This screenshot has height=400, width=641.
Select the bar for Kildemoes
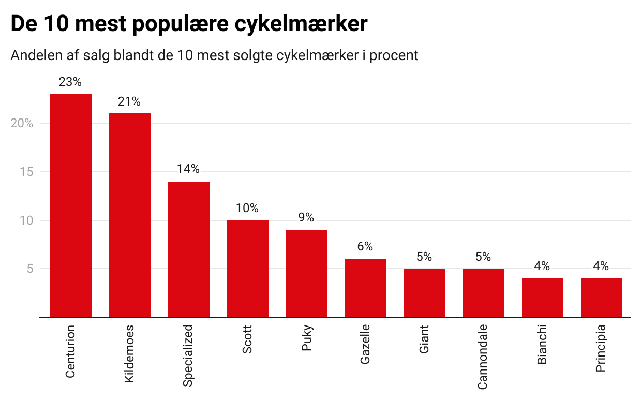tap(130, 215)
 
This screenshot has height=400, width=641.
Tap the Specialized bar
tap(189, 249)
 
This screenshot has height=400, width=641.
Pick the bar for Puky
tap(307, 273)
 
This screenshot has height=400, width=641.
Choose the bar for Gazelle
tap(366, 288)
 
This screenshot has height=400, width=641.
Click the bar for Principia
tap(602, 298)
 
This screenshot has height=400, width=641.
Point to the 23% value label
tap(70, 82)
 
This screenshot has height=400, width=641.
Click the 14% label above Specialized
tap(188, 169)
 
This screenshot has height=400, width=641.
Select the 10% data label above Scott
tap(247, 209)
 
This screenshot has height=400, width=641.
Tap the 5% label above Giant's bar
tap(424, 257)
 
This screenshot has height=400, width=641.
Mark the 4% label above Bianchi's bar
tap(542, 266)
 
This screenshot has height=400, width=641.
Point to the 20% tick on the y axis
tap(22, 123)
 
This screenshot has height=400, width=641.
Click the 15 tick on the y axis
tap(26, 172)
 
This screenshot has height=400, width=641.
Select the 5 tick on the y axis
tap(29, 269)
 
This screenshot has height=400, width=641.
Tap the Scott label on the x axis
tap(247, 339)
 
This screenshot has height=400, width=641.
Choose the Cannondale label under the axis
tap(483, 357)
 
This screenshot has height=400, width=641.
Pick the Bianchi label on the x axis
tap(542, 344)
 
